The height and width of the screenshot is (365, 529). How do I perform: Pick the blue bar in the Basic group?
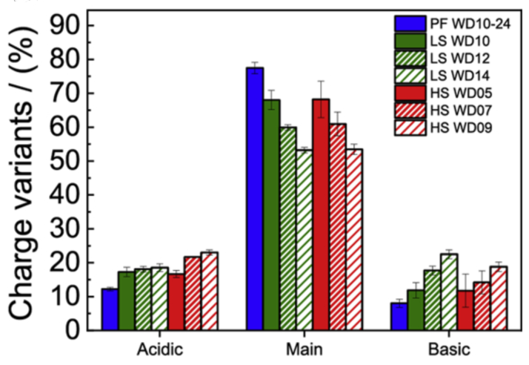click(399, 316)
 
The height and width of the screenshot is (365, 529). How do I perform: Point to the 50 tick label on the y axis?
click(64, 161)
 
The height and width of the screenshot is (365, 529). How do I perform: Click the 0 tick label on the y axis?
click(74, 330)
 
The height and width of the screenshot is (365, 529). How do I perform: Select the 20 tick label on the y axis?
click(64, 263)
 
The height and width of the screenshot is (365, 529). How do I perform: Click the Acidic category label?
click(160, 349)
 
